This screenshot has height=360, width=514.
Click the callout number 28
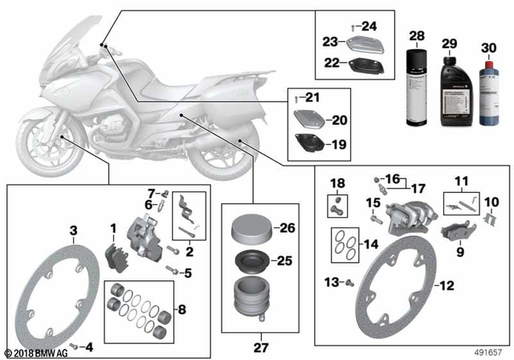[417, 36]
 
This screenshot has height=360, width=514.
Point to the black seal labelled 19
[308, 146]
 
